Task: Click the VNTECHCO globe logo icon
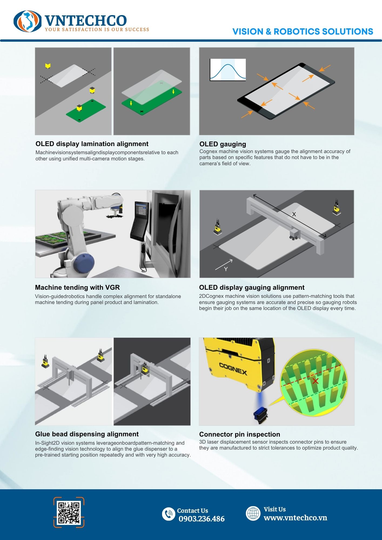tap(28, 21)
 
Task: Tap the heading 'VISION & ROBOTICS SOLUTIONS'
tap(303, 32)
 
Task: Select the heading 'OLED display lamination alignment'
tap(92, 144)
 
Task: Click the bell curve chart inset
tap(228, 70)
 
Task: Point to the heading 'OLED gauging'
tap(223, 144)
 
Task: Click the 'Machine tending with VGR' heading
tap(77, 287)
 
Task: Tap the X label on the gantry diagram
tap(294, 214)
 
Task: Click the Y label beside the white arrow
tap(226, 269)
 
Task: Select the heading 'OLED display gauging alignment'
tap(252, 287)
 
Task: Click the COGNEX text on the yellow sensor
tap(233, 369)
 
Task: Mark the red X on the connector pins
tap(315, 381)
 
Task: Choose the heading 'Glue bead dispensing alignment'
tap(87, 434)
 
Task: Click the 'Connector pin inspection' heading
tap(240, 434)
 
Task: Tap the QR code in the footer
tap(69, 512)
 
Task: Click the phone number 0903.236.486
tap(202, 519)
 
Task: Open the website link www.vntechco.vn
tap(295, 518)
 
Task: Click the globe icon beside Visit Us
tap(253, 513)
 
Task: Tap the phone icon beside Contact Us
tap(169, 514)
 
